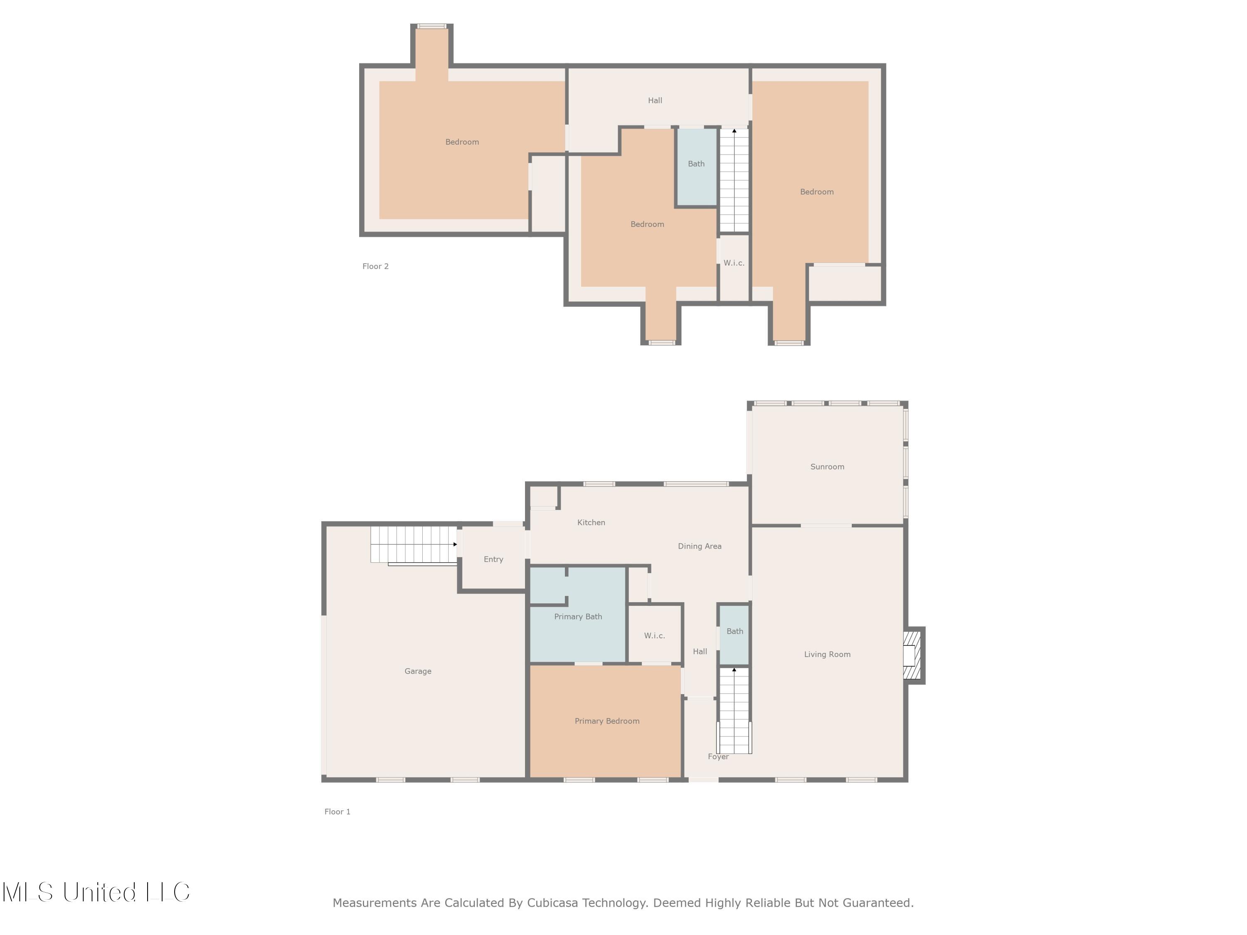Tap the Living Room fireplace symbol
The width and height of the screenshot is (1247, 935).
click(912, 655)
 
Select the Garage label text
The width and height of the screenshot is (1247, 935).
click(418, 671)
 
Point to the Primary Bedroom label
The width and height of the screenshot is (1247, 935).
click(606, 721)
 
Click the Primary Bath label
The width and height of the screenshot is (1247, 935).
click(578, 617)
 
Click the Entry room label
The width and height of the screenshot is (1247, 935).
click(493, 559)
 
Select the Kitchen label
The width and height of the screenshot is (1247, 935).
click(591, 522)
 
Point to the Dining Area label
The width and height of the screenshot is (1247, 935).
click(699, 546)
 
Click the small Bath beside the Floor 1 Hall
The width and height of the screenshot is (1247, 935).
click(734, 632)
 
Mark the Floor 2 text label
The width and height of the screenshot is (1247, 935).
click(375, 266)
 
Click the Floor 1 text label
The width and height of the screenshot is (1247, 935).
click(337, 812)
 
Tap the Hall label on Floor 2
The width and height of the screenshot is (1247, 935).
click(655, 100)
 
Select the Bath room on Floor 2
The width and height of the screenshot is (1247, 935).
click(696, 164)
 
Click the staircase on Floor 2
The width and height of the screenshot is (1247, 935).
click(734, 180)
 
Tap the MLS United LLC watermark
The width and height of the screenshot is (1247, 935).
click(96, 892)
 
